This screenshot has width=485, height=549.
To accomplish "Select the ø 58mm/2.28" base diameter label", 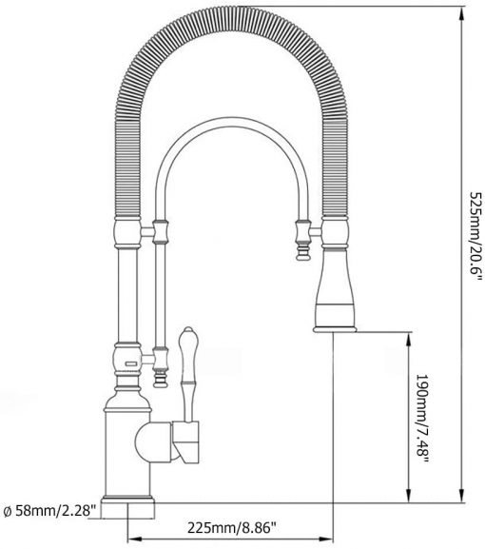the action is tap(49, 511).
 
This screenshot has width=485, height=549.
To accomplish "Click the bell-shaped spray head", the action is tap(336, 289).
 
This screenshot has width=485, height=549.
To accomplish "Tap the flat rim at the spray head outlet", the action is tap(335, 329).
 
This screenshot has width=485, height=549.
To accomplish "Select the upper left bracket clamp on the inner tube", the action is tap(161, 231).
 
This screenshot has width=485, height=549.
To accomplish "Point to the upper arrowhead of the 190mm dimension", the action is tap(408, 340).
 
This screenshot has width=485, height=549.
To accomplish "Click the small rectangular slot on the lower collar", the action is tap(131, 363).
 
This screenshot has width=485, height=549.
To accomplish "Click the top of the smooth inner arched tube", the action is tap(232, 122).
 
